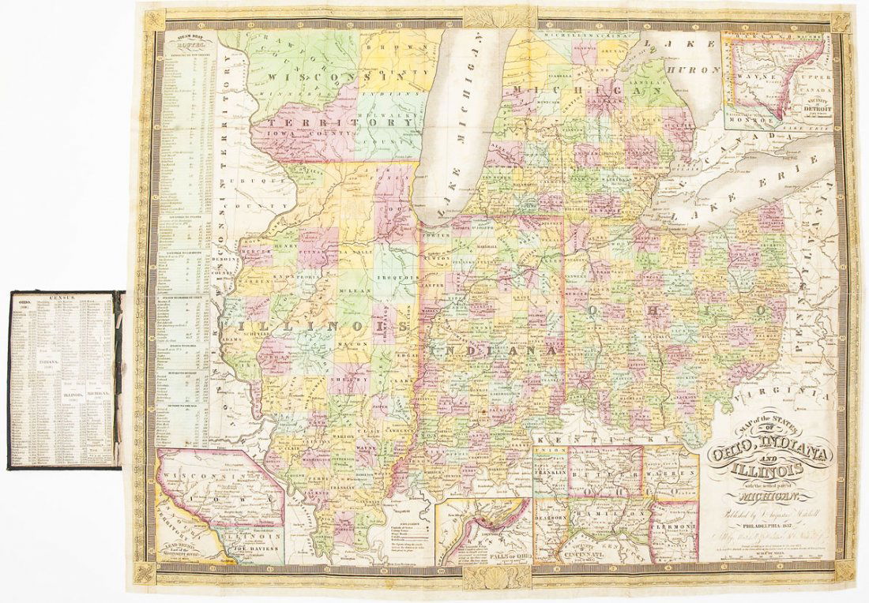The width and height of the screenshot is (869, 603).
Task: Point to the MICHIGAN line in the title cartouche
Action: coord(764,496)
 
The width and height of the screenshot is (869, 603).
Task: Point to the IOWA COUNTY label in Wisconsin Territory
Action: coord(304,134)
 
